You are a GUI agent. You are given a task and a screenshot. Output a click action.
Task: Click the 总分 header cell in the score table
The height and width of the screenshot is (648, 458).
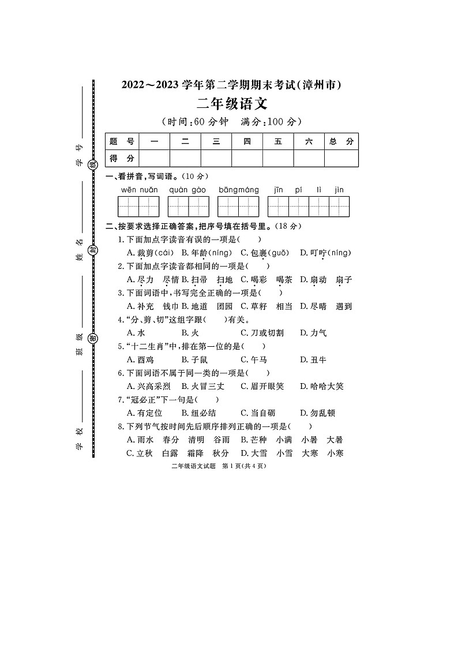tap(341, 141)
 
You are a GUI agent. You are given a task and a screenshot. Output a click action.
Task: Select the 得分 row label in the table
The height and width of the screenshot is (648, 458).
tap(122, 158)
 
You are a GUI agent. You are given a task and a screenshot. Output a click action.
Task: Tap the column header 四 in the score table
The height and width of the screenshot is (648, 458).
tap(247, 141)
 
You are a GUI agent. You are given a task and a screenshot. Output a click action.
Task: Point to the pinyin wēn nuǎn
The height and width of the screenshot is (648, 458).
tap(139, 189)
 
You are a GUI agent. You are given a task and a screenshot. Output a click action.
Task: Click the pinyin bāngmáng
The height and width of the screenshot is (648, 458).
tap(238, 189)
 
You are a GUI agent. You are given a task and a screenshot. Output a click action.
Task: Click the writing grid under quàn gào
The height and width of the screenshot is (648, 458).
tap(188, 206)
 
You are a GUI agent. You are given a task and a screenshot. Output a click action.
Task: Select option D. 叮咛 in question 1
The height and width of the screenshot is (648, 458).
tap(325, 253)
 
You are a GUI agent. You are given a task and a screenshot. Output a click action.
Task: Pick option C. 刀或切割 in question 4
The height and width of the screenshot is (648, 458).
tap(262, 333)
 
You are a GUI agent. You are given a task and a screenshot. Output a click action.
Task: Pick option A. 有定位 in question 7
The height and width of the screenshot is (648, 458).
tap(144, 413)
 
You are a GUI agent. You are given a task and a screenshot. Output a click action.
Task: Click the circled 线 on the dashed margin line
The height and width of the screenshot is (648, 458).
tap(92, 165)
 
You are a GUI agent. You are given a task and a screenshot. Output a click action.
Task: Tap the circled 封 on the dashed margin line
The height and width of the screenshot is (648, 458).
tap(92, 250)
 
